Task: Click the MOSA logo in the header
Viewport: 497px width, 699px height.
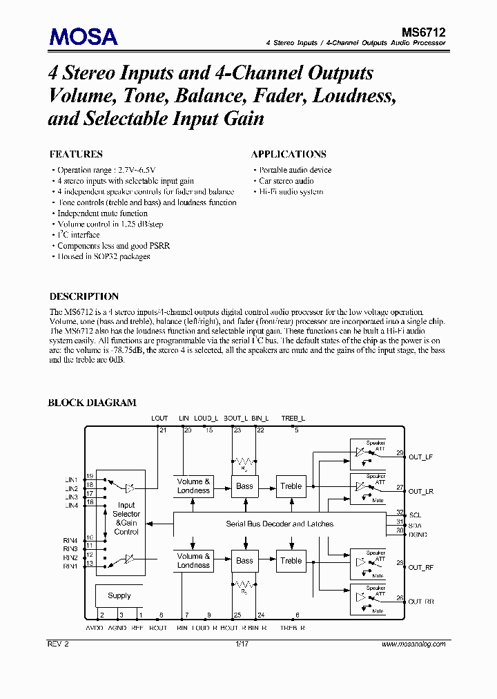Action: point(84,36)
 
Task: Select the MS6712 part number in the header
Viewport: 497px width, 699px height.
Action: point(424,32)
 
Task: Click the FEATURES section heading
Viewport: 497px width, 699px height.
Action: point(76,154)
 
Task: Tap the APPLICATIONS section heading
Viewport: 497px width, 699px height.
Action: point(289,154)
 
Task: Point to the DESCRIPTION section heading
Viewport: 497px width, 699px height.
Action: point(84,296)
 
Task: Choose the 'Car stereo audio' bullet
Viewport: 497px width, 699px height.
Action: point(286,181)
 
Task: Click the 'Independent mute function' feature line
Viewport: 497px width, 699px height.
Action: point(102,213)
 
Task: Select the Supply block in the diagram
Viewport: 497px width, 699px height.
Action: point(119,595)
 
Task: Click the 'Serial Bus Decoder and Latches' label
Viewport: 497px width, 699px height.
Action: point(280,524)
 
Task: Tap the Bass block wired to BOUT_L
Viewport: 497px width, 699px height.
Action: point(245,486)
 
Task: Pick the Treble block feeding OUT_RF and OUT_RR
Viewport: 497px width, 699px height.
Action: point(291,561)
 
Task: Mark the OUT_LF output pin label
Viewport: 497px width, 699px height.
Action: point(420,457)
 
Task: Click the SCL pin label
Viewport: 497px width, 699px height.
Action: point(416,515)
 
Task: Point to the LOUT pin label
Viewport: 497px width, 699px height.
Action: point(159,419)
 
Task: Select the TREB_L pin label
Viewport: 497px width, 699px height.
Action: point(293,419)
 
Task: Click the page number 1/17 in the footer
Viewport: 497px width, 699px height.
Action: point(241,644)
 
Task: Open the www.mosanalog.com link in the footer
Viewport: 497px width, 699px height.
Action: point(413,644)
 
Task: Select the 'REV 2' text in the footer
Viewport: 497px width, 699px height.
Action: point(59,644)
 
